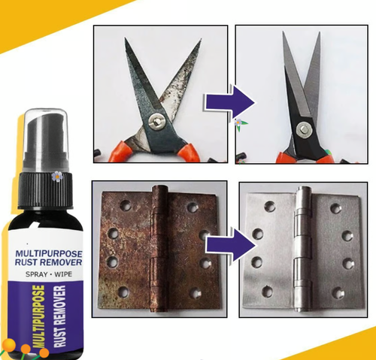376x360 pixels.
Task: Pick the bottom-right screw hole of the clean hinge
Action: (x=347, y=292)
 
